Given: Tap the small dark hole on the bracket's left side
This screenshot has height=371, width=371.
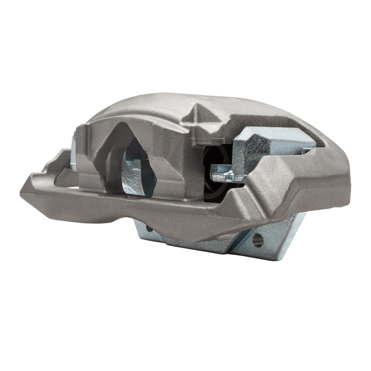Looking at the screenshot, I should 148,229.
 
